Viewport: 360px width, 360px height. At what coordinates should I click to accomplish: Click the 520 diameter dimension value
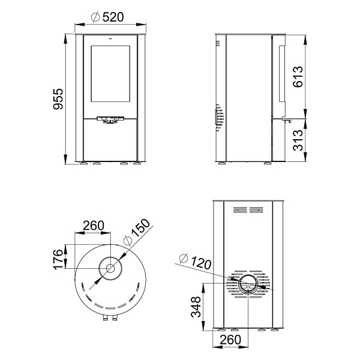(x=113, y=17)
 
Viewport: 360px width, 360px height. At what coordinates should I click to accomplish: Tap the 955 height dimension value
(x=58, y=99)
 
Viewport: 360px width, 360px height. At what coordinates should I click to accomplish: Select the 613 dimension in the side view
(x=298, y=77)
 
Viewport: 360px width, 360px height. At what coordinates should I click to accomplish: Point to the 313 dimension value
(x=298, y=140)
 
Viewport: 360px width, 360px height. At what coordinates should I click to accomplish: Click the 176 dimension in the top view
(x=58, y=259)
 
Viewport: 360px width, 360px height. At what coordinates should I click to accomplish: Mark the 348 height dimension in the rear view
(x=196, y=307)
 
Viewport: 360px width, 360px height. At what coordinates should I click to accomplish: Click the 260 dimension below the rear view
(x=230, y=340)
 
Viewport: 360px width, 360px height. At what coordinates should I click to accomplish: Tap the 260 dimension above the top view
(x=94, y=226)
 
